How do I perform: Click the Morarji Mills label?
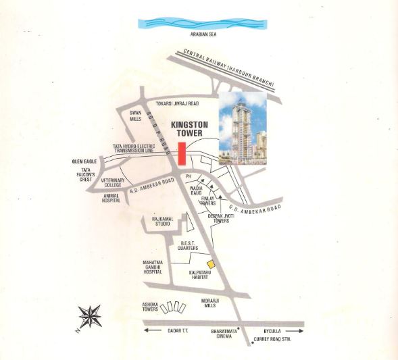click(x=212, y=303)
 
